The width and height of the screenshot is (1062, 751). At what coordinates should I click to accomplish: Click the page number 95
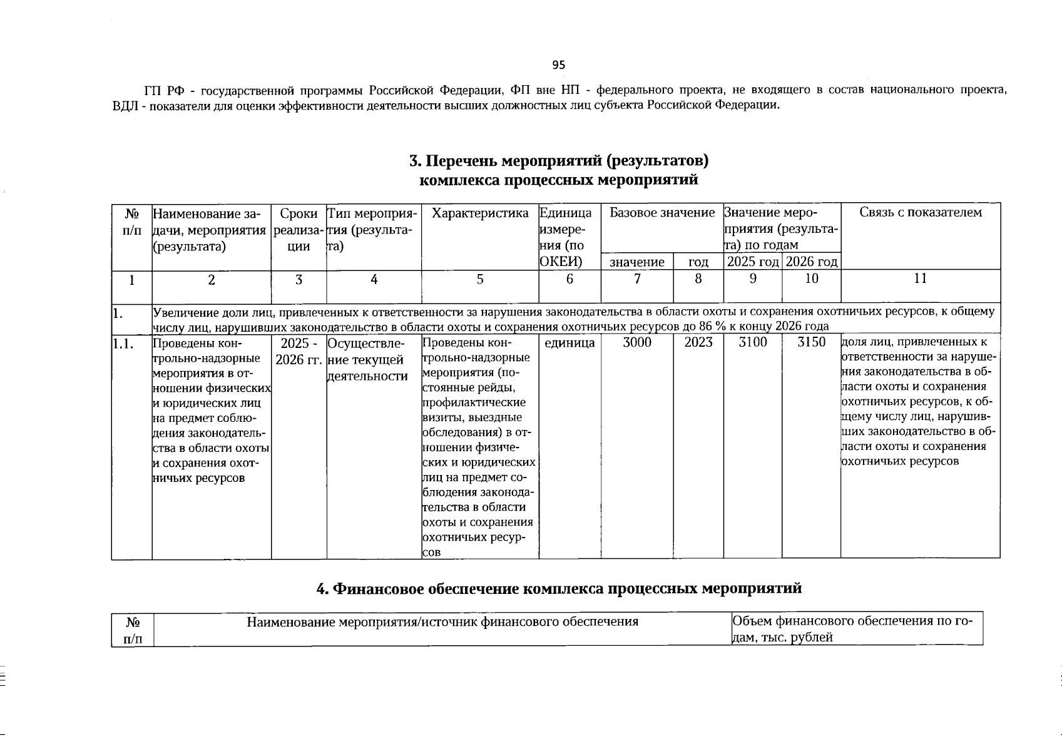(558, 65)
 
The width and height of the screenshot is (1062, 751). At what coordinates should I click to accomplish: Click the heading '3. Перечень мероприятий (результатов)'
(558, 161)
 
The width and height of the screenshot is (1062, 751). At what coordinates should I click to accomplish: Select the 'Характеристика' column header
(480, 213)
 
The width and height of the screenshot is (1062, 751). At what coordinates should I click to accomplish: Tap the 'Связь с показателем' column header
(920, 213)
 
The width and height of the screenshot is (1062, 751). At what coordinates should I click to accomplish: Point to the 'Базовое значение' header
(661, 213)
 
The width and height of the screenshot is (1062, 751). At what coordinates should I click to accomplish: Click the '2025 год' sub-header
(753, 262)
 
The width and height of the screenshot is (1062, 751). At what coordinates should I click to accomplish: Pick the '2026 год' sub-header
(811, 262)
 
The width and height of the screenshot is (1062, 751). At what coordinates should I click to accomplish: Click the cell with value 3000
(637, 342)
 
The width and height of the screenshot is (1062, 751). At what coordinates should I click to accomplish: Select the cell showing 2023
(698, 342)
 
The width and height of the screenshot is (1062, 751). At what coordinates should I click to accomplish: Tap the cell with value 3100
(753, 342)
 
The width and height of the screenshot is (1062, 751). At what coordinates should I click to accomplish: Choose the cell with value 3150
(811, 342)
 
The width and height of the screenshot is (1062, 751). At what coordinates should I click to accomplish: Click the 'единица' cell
(569, 343)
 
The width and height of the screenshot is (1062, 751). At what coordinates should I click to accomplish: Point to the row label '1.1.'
(124, 343)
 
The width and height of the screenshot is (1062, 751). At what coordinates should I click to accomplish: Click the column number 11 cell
(920, 279)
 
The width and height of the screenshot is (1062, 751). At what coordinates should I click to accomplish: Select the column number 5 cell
(480, 280)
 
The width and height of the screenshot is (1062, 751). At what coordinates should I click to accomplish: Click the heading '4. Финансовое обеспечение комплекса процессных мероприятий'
(558, 588)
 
